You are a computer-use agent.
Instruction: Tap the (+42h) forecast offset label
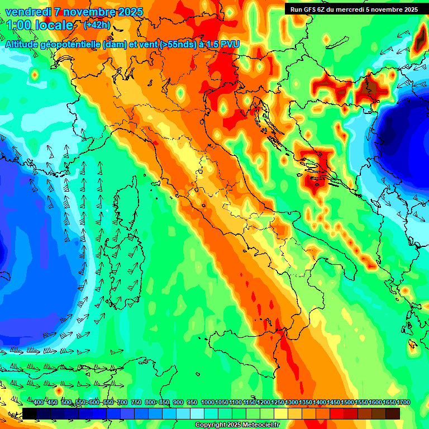tap(96, 25)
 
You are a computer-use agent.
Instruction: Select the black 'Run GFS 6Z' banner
tap(354, 9)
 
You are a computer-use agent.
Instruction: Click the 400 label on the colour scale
tap(39, 402)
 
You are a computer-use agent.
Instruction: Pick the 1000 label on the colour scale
tap(208, 402)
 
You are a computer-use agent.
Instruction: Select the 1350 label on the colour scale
tap(306, 402)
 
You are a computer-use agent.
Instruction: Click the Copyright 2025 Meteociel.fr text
tap(237, 425)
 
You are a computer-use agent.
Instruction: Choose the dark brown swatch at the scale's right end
tap(393, 413)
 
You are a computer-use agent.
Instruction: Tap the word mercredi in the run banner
tap(347, 9)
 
